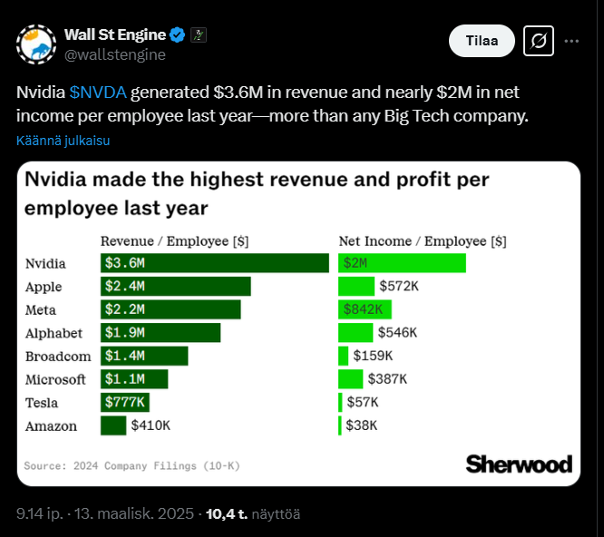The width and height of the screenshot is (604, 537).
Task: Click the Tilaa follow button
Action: click(x=482, y=41)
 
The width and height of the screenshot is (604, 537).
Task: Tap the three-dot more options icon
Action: click(x=571, y=41)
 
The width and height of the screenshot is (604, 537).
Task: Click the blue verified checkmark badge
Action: click(x=179, y=34)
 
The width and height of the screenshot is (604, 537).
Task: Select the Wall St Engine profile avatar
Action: click(x=36, y=44)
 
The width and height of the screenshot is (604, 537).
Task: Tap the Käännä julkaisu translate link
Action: click(x=63, y=141)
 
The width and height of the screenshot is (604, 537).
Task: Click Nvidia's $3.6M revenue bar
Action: click(x=214, y=263)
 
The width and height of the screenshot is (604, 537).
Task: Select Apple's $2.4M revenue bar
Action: click(x=175, y=287)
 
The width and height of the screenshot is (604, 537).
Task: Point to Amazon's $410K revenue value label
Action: click(x=151, y=425)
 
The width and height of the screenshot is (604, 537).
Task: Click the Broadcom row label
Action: click(x=55, y=356)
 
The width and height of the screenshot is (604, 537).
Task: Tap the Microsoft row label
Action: click(x=55, y=379)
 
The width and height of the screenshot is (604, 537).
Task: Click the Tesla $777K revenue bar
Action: click(x=125, y=402)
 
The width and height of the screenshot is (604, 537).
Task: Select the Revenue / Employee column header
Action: click(x=174, y=241)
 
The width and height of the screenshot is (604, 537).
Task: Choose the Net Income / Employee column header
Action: click(x=422, y=241)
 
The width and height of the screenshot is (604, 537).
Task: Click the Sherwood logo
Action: click(x=519, y=464)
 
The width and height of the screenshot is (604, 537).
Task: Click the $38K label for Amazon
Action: click(x=361, y=425)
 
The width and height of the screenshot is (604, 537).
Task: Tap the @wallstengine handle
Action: click(x=114, y=54)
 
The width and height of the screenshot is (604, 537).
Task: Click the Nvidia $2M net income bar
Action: click(x=402, y=263)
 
